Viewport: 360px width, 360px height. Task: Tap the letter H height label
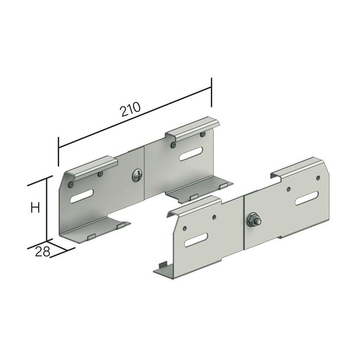35,207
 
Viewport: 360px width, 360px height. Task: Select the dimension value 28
43,251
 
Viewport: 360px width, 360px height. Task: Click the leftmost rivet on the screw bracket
71,184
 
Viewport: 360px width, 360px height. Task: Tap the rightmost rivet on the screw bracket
202,134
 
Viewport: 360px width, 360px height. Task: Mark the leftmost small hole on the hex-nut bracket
184,229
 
